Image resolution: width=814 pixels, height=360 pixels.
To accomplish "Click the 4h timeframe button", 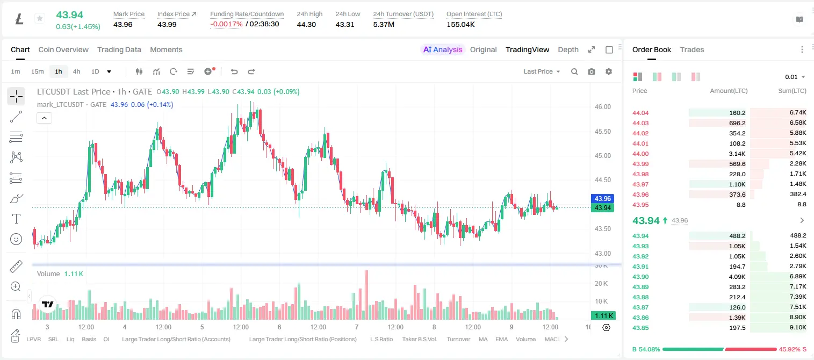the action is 76,71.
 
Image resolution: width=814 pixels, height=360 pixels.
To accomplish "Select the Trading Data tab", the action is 119,49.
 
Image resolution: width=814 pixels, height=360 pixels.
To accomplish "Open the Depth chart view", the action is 568,49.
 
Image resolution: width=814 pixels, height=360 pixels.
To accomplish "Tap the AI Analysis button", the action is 443,49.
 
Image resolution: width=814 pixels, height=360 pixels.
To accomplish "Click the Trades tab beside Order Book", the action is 692,49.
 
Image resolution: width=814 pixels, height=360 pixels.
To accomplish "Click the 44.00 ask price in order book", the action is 640,154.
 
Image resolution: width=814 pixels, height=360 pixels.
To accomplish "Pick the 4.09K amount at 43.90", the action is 737,277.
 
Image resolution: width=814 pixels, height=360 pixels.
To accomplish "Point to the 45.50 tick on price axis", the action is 602,132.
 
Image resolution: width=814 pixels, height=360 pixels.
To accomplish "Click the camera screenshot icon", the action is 592,71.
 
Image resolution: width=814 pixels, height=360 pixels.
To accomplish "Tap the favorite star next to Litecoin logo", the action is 40,18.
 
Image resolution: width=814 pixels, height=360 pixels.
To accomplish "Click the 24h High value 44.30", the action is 306,24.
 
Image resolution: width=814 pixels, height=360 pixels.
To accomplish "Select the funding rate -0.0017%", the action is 226,24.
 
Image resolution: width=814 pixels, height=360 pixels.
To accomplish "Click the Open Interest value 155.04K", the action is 460,24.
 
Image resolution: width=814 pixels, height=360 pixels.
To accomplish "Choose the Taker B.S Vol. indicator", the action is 419,339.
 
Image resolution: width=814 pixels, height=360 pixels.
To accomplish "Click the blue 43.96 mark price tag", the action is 602,198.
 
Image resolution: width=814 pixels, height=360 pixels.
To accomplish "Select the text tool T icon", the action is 16,219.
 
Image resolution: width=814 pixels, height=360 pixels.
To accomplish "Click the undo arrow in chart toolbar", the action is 234,71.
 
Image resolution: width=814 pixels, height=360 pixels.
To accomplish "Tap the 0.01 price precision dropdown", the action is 795,77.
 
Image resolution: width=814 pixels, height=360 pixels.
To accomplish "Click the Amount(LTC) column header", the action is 729,91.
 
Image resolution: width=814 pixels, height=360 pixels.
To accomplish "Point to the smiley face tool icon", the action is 16,239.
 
